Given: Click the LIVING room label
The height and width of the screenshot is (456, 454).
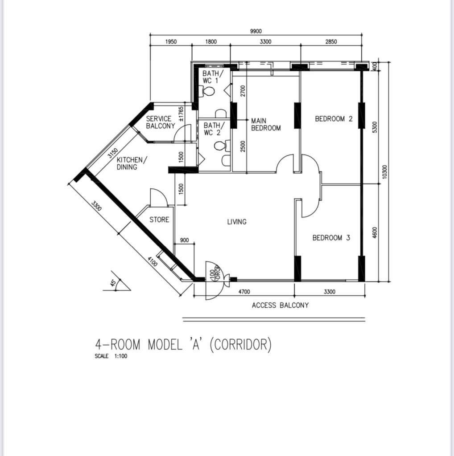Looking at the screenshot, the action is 237,222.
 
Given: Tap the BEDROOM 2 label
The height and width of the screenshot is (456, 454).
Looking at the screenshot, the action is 334,118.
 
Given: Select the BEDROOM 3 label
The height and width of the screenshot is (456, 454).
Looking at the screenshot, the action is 331,238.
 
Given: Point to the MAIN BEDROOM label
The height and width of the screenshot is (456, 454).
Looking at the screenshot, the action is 266,125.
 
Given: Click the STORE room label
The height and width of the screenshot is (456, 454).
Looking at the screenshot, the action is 159,220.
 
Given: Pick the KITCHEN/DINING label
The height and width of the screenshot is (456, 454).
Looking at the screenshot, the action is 132,163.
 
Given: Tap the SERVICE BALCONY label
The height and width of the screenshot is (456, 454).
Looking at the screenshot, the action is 161,122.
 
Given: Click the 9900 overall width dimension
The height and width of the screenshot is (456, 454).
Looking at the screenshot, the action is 256,31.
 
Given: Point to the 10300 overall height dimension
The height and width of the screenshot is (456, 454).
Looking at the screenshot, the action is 385,171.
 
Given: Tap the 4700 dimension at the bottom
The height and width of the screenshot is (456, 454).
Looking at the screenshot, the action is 244,292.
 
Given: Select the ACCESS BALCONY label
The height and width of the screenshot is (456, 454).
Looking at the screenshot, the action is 280,305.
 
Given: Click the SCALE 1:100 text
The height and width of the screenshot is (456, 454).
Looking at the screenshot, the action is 111,356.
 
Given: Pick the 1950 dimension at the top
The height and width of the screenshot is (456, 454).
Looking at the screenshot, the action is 171,41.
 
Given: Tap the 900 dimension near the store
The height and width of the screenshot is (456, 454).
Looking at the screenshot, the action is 184,240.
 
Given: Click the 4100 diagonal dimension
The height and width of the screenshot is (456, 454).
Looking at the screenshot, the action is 153,261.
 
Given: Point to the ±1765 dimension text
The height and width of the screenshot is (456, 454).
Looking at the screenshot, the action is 181,114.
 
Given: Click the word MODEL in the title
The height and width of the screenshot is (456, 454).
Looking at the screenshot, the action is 165,345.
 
